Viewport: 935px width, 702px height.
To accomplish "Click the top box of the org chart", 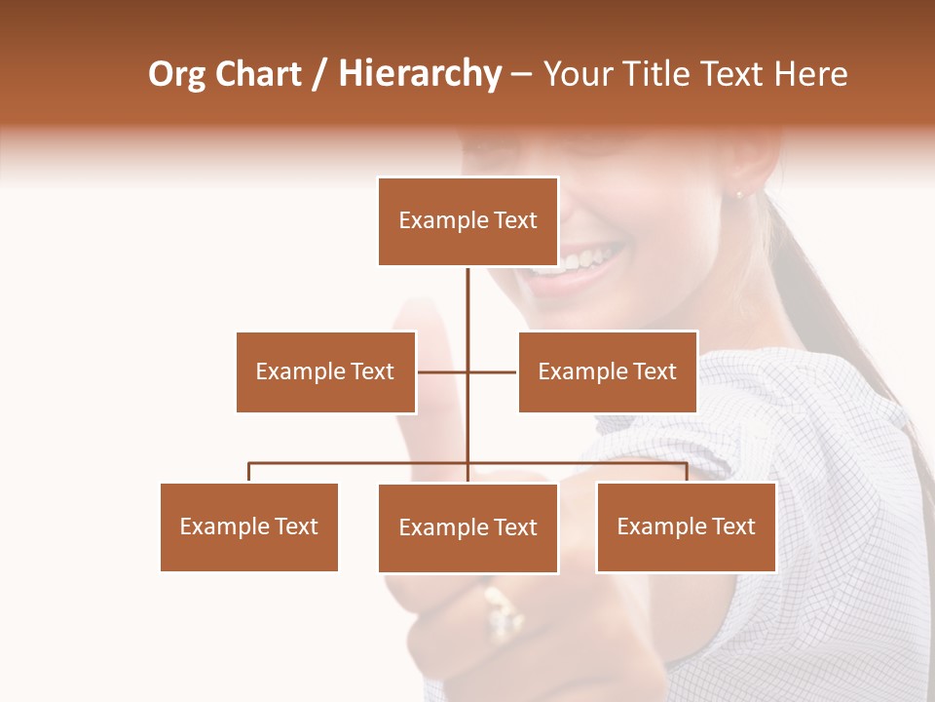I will (x=467, y=221).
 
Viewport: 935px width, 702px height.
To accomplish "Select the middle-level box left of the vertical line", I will (x=325, y=371).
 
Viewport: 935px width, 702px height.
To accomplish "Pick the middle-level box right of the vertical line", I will (x=607, y=371).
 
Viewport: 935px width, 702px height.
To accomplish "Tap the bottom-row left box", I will (x=249, y=526).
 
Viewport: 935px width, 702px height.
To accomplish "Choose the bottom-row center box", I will (x=467, y=527).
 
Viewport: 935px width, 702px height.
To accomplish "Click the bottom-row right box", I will (x=686, y=526).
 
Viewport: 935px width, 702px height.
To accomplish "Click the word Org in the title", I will (x=176, y=75).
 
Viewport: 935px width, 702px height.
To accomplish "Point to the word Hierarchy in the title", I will (x=420, y=75).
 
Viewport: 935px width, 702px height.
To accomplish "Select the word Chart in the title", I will (x=259, y=74).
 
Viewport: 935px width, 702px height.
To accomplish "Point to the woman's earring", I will (x=738, y=194).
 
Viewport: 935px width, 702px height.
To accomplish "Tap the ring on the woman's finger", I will (x=503, y=611).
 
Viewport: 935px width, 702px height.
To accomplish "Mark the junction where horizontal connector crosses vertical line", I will (x=467, y=371).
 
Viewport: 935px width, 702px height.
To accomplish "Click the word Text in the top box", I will (x=515, y=220).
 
